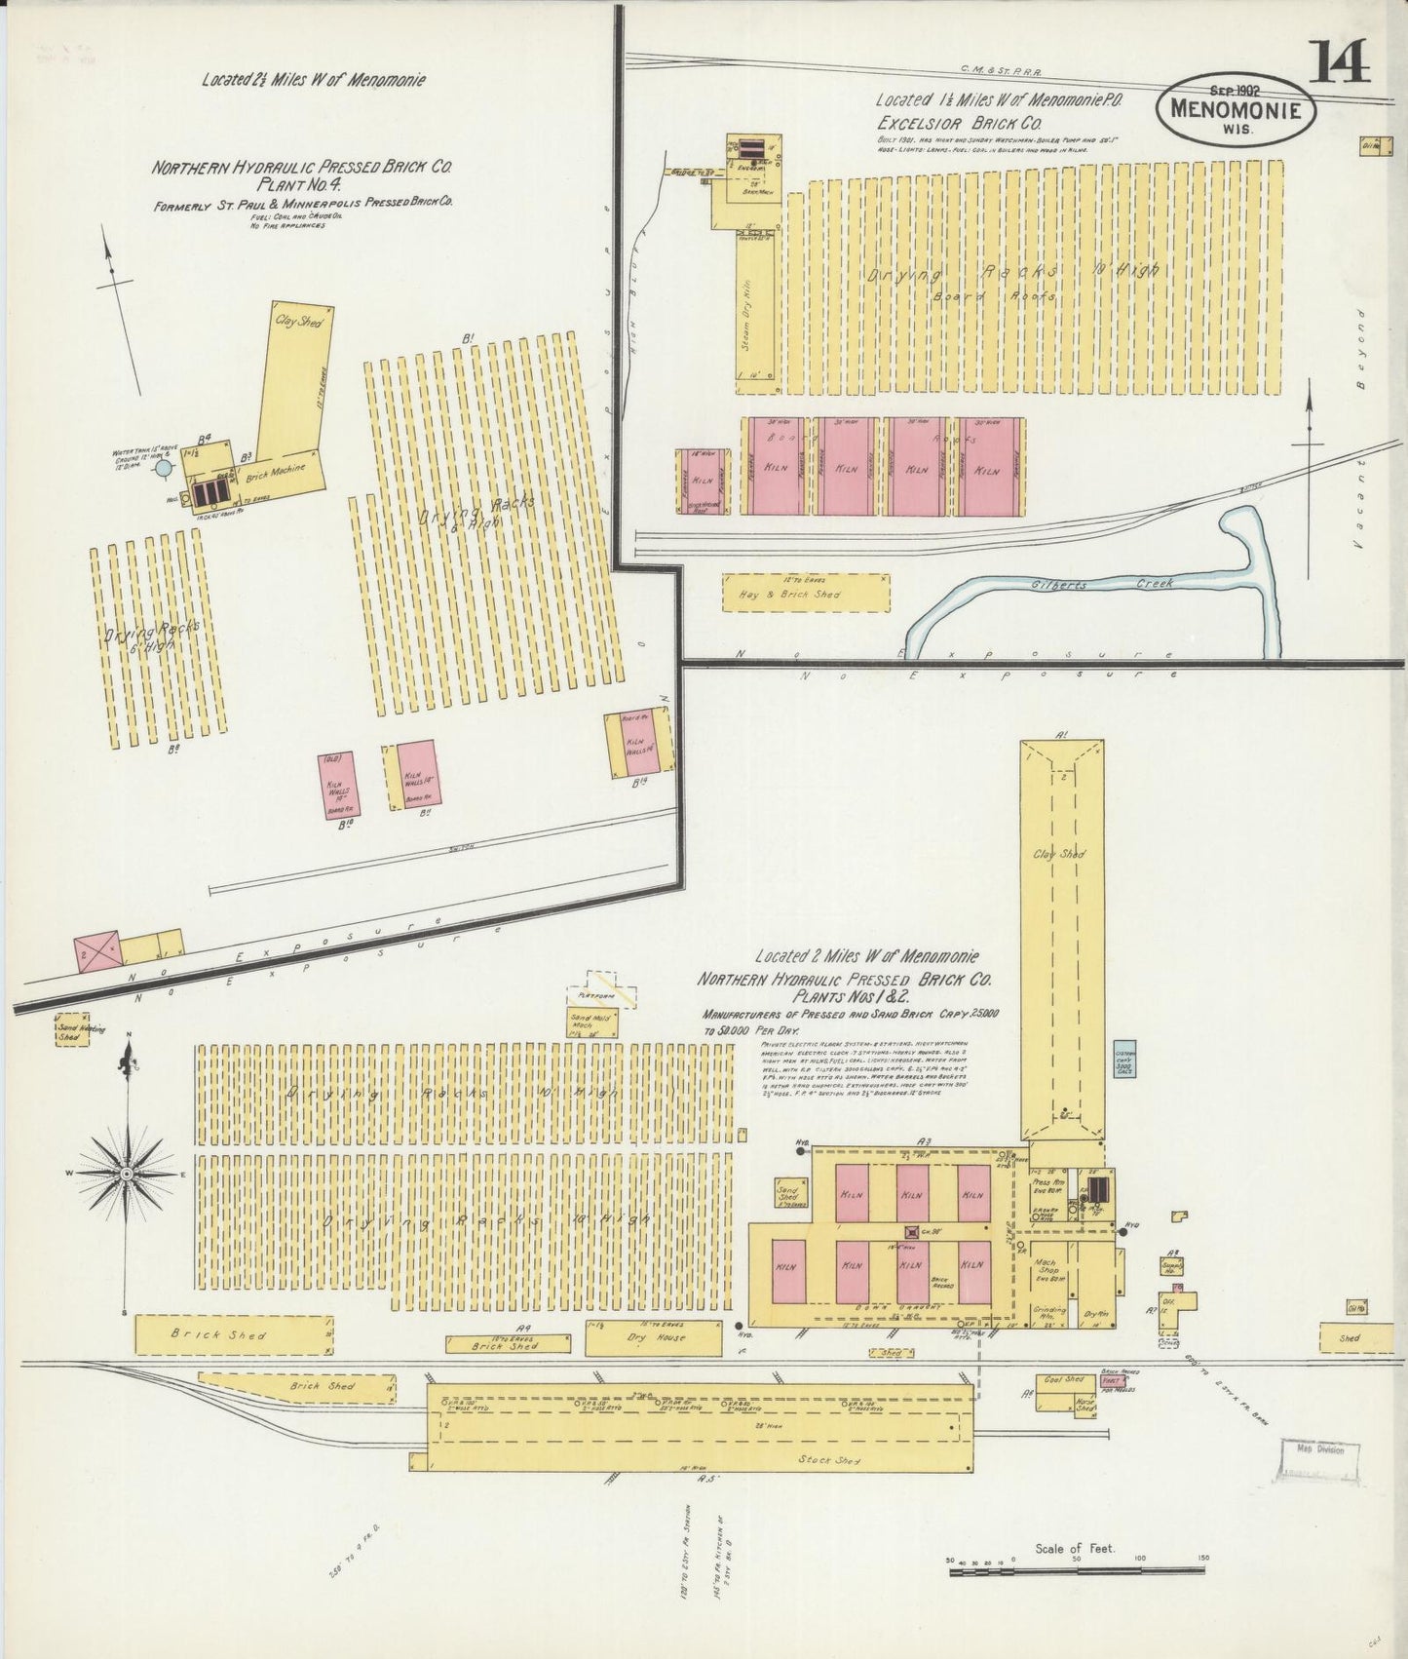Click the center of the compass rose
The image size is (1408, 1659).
tap(126, 1175)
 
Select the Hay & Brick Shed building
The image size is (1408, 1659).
tap(806, 593)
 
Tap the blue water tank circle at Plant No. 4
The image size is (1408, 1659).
tap(165, 469)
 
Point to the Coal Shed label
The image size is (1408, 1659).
tap(1062, 1379)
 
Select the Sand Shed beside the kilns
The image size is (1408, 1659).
tap(787, 1196)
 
